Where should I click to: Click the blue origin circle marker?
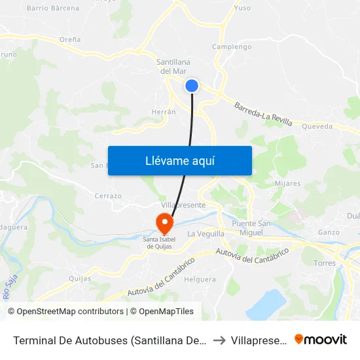coord(192,85)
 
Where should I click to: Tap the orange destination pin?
coord(164,225)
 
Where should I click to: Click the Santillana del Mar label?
coord(173,66)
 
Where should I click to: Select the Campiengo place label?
coord(232,46)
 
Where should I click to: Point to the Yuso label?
coord(242,9)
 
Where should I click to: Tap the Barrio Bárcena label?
coord(53,9)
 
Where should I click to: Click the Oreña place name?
coord(70,39)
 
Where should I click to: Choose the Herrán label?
coord(164,112)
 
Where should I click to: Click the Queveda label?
coord(317,126)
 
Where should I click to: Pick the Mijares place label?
coord(288,183)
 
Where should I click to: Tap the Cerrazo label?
coord(108,196)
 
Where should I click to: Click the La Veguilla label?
coord(206,234)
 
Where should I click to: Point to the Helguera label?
coord(200,279)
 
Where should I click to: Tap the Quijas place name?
coord(80,278)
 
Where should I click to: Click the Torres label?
coord(325,263)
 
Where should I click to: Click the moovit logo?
coord(320,339)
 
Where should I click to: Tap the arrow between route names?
coord(219,340)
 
